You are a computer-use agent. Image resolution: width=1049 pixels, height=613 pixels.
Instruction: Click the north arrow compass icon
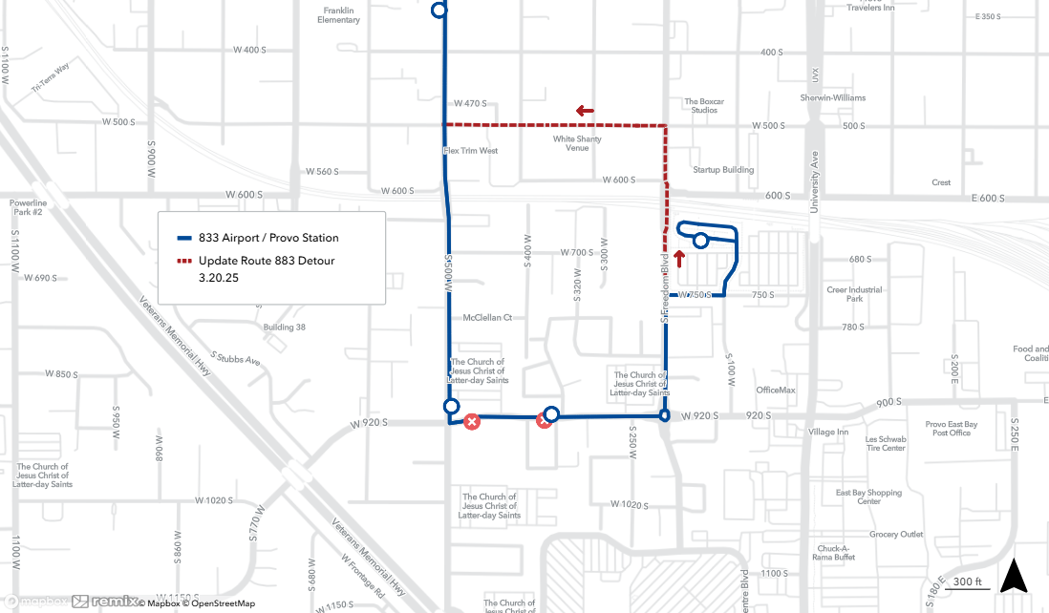click(x=1015, y=578)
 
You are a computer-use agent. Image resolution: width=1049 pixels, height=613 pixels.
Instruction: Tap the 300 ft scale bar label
click(x=968, y=581)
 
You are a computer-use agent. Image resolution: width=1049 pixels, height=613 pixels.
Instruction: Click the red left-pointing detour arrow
click(x=585, y=111)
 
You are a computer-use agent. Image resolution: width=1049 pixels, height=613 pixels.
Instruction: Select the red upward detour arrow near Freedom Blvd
click(x=679, y=258)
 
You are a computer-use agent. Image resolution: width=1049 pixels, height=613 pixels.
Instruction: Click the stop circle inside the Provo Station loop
click(x=700, y=241)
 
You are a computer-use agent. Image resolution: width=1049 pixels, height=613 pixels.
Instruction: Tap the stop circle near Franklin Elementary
click(x=439, y=10)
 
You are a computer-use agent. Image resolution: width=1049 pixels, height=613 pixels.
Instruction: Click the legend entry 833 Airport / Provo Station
click(x=268, y=238)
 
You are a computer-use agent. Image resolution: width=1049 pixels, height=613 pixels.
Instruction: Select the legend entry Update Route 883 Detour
click(x=267, y=261)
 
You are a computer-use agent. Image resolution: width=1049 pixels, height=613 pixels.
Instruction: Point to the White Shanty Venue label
click(x=577, y=143)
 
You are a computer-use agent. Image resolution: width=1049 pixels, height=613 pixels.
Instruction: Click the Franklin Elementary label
click(x=339, y=15)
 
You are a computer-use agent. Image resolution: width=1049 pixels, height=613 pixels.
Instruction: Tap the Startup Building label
click(x=723, y=170)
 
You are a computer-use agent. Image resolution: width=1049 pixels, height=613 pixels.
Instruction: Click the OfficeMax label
click(x=775, y=390)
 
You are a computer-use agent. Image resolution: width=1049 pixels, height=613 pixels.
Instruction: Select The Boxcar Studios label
click(x=704, y=106)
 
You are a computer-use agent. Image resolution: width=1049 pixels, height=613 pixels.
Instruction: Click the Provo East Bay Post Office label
click(x=952, y=429)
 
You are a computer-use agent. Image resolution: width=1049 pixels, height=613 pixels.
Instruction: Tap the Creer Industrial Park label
click(x=855, y=294)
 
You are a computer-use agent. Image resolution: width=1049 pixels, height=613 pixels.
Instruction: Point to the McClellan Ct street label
click(x=487, y=317)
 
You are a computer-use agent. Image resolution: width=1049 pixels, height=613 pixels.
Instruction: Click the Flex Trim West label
click(x=470, y=151)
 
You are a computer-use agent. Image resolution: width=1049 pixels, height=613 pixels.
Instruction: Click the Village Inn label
click(x=827, y=432)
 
